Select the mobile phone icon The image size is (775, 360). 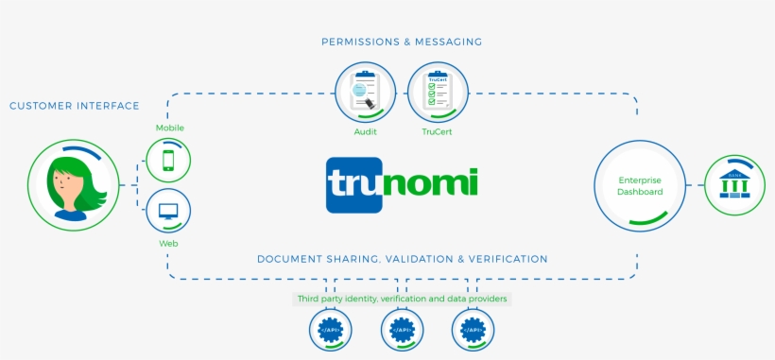(169, 160)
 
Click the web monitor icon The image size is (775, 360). (169, 211)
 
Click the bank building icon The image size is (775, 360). (733, 183)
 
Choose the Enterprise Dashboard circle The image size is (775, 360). (640, 185)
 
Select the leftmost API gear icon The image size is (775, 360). (331, 331)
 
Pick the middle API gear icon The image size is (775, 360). (402, 331)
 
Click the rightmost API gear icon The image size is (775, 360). (474, 331)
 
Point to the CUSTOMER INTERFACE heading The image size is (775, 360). (75, 106)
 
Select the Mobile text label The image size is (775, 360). (169, 128)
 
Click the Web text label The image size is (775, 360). (169, 244)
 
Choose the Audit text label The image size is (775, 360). (365, 132)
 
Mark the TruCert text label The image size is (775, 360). (438, 132)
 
